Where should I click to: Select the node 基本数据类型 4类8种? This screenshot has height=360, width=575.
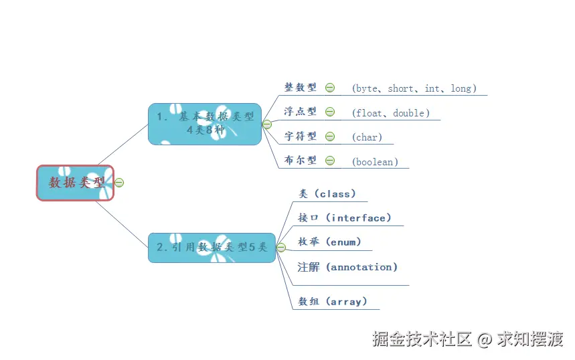[x=205, y=124]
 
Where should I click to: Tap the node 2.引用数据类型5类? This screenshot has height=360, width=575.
[x=212, y=247]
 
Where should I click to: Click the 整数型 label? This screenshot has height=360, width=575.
[x=301, y=88]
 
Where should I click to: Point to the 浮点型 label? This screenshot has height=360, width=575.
[x=301, y=112]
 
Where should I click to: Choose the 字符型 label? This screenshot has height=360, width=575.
[x=301, y=137]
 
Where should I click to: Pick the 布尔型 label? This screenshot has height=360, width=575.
[x=301, y=161]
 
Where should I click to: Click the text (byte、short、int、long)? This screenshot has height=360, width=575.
[x=414, y=88]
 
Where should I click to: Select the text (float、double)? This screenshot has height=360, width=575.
[x=391, y=113]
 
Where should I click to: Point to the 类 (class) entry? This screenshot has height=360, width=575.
[x=327, y=194]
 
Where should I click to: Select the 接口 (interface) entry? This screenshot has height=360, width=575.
[x=344, y=218]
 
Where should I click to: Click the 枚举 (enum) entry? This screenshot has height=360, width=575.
[x=329, y=242]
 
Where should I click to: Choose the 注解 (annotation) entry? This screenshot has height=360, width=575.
[x=347, y=267]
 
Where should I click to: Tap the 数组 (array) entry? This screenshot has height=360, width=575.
[x=333, y=302]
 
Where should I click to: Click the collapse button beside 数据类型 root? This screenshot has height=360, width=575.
[x=119, y=183]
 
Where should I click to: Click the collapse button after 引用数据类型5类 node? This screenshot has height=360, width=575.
[x=281, y=248]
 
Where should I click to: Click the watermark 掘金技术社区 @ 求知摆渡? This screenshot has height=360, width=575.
[x=467, y=339]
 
